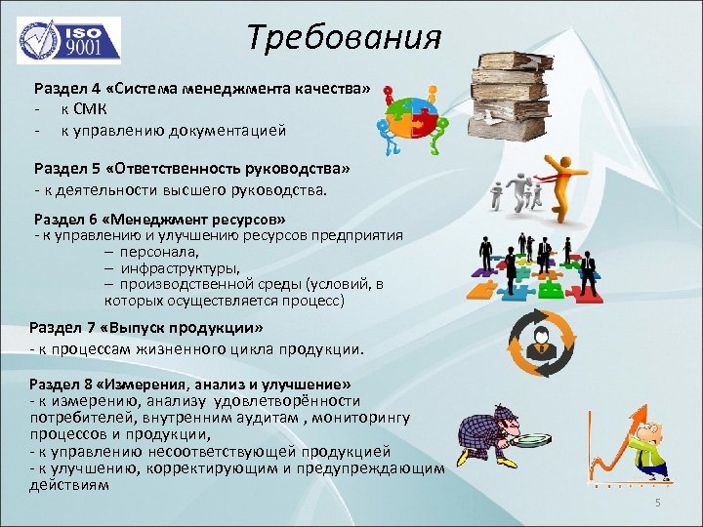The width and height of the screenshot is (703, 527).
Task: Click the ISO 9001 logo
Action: tap(68, 40)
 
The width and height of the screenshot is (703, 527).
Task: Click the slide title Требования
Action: tap(344, 38)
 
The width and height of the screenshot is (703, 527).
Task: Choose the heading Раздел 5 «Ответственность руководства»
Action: tap(191, 168)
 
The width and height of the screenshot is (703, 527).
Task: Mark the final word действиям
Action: tap(68, 484)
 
